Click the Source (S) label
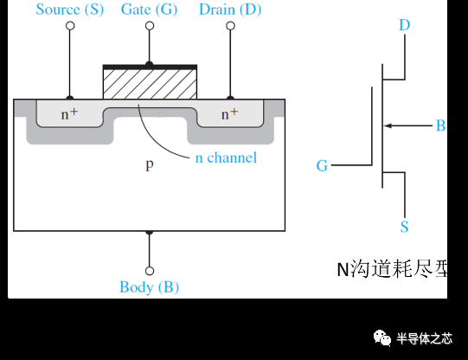coord(69,10)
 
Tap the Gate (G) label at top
coord(150,10)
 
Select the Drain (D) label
coord(230,10)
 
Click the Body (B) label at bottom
coord(150,287)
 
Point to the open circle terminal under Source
coord(70,26)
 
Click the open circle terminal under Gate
coord(150,26)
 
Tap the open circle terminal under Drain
coord(230,26)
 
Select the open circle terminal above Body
coord(150,270)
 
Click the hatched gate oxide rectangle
coord(150,84)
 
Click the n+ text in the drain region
coord(229,113)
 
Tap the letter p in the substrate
coord(150,164)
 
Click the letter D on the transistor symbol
coord(404,24)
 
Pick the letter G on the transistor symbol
coord(322,165)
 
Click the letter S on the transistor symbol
coord(404,228)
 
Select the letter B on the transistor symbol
coord(440,126)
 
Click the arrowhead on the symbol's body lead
coord(388,126)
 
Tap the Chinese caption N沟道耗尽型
coord(393,269)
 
